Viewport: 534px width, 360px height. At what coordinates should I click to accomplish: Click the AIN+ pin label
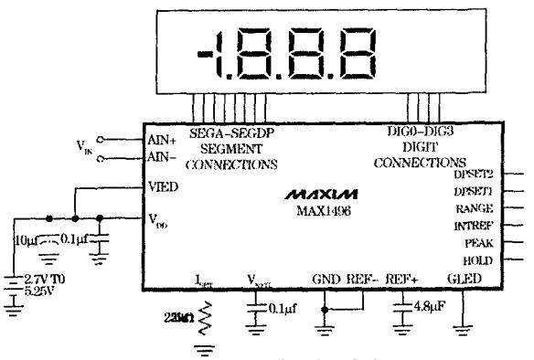pos(162,140)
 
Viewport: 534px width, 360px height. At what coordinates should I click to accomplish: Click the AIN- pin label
pos(162,157)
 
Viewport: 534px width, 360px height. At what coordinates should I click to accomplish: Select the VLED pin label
pos(163,185)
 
